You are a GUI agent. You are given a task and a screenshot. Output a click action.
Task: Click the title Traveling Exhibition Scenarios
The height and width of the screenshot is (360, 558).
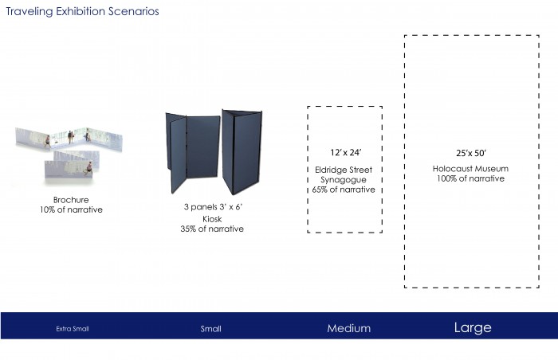click(x=83, y=11)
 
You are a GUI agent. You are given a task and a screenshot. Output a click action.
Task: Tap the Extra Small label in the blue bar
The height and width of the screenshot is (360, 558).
click(x=73, y=329)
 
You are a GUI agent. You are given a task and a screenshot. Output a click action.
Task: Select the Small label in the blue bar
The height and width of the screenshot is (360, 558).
click(x=210, y=329)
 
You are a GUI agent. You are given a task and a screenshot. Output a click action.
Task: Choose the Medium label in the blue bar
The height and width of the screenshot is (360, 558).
click(x=349, y=328)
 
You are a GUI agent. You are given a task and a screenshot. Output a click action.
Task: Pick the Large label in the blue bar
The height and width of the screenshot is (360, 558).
click(x=473, y=327)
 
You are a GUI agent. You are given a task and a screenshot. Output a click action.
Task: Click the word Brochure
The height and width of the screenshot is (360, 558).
click(x=71, y=200)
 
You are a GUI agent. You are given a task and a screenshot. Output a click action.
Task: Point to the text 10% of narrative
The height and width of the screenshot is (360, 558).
click(x=71, y=209)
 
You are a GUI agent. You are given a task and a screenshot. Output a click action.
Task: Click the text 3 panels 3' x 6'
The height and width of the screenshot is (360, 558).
click(x=213, y=206)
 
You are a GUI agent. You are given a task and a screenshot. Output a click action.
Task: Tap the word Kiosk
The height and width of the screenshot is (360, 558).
click(x=212, y=219)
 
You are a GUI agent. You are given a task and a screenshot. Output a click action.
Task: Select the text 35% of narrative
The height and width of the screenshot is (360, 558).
click(x=212, y=229)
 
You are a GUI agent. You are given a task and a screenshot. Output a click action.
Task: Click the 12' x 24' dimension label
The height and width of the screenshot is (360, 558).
click(x=345, y=152)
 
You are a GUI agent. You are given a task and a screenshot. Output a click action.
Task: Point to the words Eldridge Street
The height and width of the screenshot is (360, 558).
click(x=344, y=170)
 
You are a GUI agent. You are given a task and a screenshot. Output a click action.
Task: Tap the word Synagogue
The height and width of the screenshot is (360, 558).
click(x=344, y=180)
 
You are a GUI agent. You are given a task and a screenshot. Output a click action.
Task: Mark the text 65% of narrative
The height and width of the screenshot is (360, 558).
click(x=344, y=190)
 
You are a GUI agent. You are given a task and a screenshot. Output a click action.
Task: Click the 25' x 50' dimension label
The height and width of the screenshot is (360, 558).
click(x=471, y=153)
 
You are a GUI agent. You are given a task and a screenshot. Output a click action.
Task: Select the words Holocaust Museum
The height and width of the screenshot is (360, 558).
click(x=470, y=169)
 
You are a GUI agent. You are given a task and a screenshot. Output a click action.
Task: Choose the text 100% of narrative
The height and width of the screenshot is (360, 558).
click(x=470, y=178)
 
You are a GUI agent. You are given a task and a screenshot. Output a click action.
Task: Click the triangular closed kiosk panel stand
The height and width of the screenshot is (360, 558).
click(x=242, y=152)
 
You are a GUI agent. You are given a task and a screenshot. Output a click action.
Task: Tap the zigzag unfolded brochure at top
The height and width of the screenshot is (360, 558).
click(x=69, y=139)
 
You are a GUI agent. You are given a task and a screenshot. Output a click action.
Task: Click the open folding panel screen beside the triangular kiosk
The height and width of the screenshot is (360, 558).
click(x=193, y=152)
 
